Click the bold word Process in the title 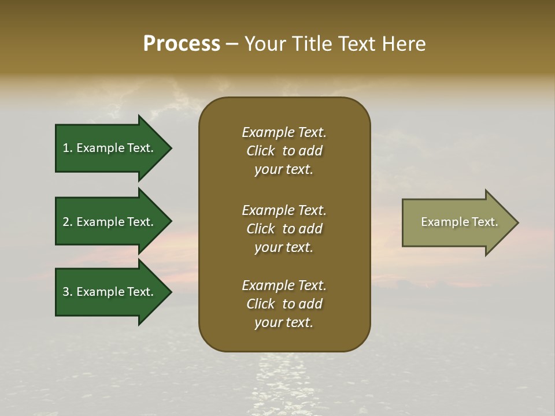coord(182,44)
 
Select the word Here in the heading coord(404,44)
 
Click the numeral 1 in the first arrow coord(66,148)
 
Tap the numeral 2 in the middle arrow coord(66,222)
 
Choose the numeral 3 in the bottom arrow coord(66,292)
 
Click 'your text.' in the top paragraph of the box coord(283,170)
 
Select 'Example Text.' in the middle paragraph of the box coord(284,210)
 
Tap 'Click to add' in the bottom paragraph coord(284,304)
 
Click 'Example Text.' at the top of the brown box coord(284,132)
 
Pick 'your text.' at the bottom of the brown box coord(283,323)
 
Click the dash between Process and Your coord(232,44)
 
